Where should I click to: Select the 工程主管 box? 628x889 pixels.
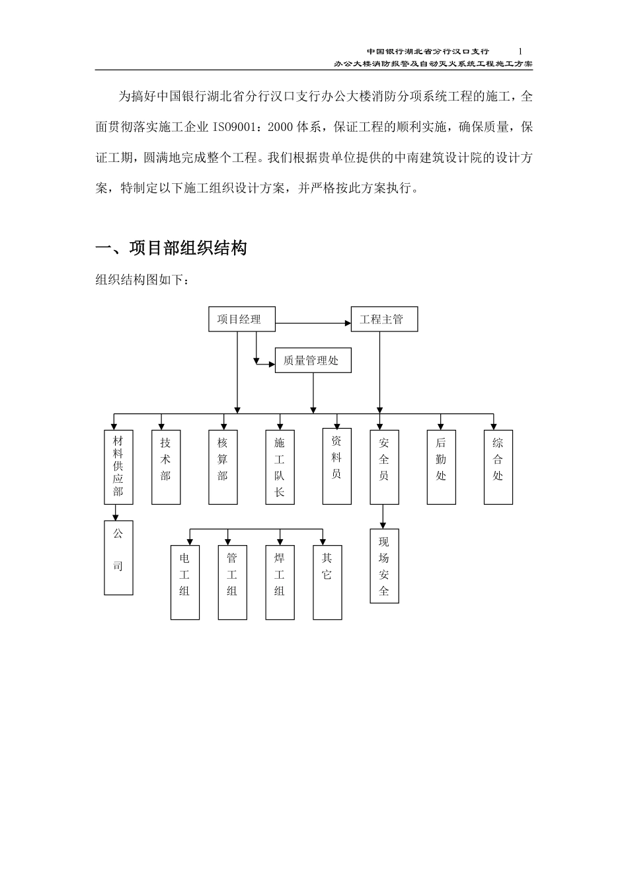point(384,319)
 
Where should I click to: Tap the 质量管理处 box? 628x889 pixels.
point(313,360)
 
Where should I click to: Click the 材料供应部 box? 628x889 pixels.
point(118,467)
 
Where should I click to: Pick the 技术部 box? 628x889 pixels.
point(166,467)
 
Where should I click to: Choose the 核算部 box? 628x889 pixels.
point(223,467)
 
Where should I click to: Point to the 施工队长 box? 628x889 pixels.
point(280,467)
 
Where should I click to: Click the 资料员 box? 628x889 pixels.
point(336,466)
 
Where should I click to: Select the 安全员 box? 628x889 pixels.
point(384,467)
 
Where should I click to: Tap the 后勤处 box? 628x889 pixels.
point(441,467)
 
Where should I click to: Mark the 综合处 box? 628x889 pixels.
point(498,467)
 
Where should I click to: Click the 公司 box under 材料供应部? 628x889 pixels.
point(118,557)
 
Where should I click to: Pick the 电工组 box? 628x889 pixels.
point(184,582)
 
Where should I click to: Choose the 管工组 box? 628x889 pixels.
point(232,582)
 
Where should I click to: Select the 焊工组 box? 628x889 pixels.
point(280,582)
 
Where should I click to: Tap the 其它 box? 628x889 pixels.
point(327,582)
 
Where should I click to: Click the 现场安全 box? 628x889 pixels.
point(384,566)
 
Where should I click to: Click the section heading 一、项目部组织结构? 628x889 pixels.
point(172,248)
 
